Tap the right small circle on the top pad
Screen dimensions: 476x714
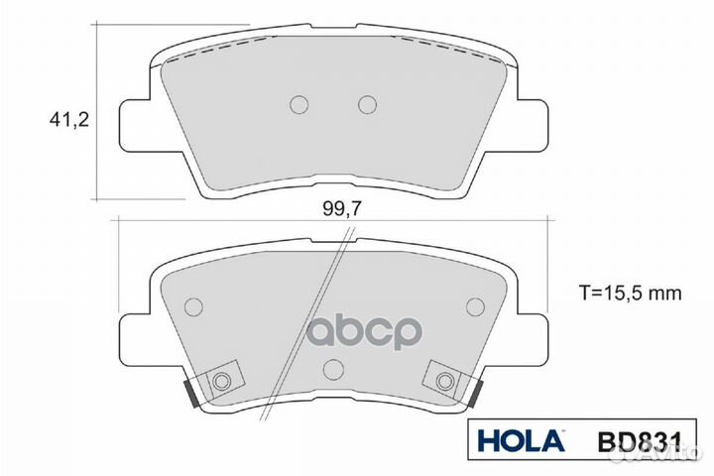[x=367, y=104]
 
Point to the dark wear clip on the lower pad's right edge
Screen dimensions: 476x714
[x=479, y=394]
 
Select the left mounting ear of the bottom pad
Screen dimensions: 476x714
[x=137, y=337]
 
